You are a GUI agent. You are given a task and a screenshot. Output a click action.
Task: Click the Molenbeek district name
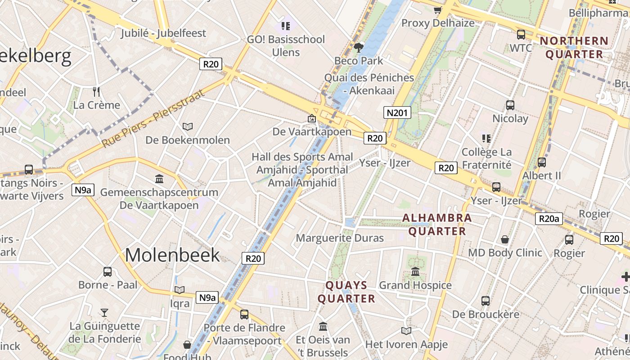172,255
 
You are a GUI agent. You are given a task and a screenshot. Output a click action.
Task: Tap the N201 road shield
397,112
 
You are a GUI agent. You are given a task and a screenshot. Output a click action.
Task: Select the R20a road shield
549,219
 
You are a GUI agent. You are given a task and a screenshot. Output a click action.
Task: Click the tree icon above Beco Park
359,47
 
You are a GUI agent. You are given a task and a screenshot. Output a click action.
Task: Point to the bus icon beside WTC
521,34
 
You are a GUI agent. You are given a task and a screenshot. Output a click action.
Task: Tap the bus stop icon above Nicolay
510,105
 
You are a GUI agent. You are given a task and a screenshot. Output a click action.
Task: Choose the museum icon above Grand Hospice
415,272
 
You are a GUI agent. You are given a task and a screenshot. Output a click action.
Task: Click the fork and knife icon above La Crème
96,92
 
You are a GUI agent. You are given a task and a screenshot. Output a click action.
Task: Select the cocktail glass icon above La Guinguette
104,312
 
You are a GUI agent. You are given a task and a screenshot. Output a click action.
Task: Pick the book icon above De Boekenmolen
188,127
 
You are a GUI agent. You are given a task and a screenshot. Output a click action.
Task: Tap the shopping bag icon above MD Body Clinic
505,239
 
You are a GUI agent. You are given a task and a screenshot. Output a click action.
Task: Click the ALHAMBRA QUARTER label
436,225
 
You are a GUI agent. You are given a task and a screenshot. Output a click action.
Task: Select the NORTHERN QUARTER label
574,48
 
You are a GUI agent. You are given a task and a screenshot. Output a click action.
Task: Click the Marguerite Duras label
340,238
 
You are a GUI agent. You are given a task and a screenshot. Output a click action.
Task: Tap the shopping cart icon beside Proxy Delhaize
437,10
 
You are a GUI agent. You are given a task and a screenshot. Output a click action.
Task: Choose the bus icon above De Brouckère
485,301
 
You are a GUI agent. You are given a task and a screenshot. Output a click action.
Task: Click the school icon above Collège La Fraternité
486,138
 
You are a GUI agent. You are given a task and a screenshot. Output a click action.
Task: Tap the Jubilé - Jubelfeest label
163,33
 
